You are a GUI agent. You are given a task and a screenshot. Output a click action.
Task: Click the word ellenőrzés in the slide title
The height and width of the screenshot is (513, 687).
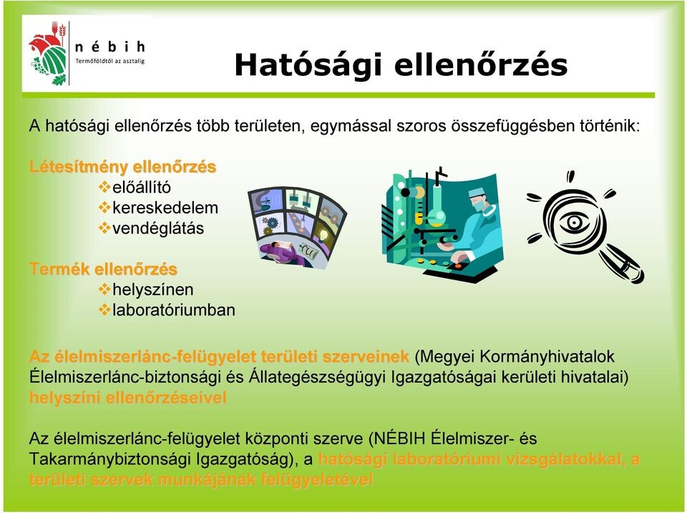(481, 64)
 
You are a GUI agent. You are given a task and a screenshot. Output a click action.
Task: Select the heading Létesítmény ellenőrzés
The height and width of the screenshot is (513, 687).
(122, 167)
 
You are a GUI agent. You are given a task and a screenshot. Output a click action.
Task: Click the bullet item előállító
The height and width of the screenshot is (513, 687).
(141, 188)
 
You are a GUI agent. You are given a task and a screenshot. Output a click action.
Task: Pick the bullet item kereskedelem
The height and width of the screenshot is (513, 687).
(165, 208)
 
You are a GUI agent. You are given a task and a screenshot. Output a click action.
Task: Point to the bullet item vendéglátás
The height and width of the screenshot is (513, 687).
(158, 228)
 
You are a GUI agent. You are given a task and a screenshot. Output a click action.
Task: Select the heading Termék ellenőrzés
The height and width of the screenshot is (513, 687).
(103, 269)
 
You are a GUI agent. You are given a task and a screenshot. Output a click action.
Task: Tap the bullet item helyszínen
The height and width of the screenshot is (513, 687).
(153, 289)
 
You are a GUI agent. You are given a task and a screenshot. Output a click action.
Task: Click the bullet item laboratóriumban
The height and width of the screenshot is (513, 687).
(173, 310)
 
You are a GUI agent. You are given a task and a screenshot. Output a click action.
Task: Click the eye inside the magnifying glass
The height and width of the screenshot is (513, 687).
(574, 223)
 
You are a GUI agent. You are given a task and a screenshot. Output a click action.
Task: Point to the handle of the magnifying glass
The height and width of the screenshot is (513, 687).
(624, 264)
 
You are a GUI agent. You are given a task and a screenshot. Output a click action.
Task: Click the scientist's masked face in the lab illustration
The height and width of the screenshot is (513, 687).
(479, 201)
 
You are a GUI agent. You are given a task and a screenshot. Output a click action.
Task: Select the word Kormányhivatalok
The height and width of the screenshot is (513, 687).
(547, 357)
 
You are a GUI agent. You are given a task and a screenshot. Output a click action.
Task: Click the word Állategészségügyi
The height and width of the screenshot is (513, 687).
(317, 378)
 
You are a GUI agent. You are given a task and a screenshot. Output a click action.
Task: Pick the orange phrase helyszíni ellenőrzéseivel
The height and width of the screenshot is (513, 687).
(128, 398)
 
